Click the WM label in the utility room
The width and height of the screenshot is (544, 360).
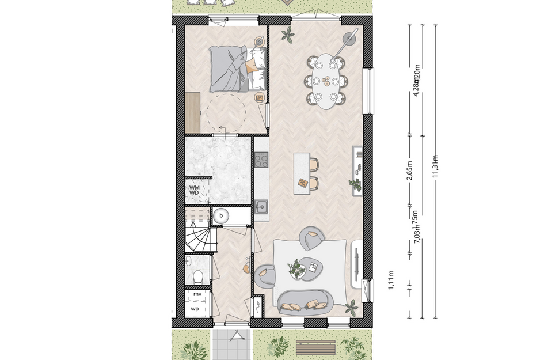point(194,187)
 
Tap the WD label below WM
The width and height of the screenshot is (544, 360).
point(194,193)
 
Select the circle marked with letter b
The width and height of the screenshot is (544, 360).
point(220,216)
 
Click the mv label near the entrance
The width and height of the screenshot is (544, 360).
point(197,294)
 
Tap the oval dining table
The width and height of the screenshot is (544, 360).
point(326,81)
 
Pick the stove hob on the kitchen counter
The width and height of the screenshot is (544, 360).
point(261,159)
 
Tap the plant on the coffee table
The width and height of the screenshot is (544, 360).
point(297,267)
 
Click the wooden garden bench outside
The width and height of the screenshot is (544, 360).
point(315,347)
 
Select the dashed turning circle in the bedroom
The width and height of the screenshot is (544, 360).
point(226,112)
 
